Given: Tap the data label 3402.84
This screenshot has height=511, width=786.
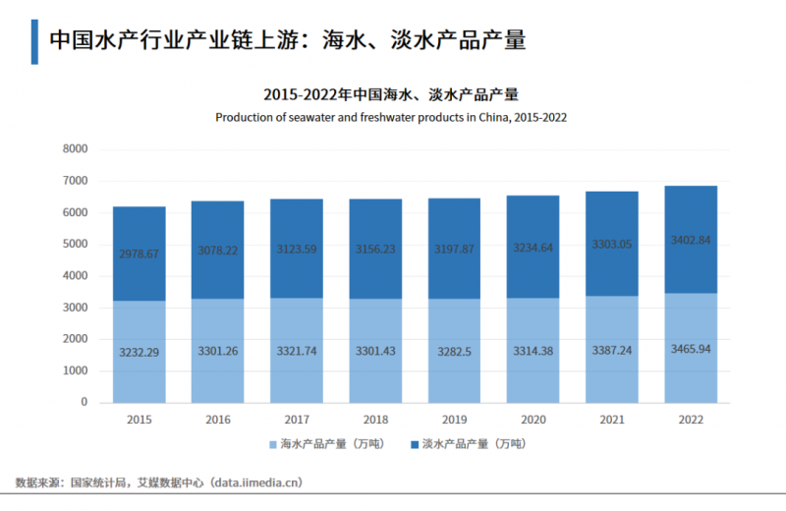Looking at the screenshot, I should (x=691, y=240).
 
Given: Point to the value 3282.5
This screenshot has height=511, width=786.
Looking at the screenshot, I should (x=454, y=350).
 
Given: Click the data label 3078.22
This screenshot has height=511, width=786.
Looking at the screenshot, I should (x=217, y=252).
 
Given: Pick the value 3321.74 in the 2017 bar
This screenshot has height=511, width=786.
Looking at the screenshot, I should (x=297, y=350).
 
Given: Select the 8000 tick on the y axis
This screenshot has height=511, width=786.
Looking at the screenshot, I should (x=75, y=149).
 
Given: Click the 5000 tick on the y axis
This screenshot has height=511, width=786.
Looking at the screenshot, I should (x=75, y=245).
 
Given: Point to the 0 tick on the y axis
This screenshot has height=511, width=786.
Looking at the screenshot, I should (x=84, y=403).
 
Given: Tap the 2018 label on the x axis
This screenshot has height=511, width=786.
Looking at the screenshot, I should (x=375, y=419).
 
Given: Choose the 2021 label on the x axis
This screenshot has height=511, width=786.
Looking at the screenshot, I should (x=612, y=419).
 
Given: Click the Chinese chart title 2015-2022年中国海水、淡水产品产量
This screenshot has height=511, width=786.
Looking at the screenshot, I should (x=391, y=94).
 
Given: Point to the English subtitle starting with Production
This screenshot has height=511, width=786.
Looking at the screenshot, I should (x=391, y=116).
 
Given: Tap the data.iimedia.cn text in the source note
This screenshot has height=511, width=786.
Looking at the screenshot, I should (x=253, y=483).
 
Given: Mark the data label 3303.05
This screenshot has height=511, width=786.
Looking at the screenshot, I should (x=612, y=244).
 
